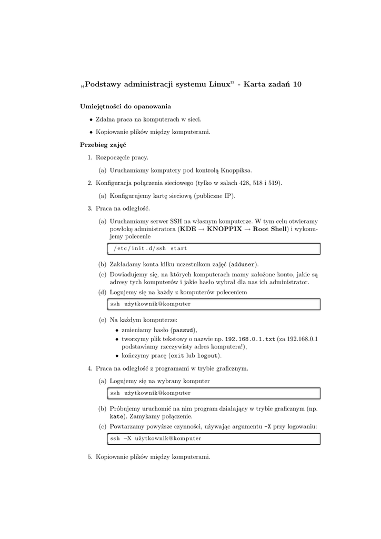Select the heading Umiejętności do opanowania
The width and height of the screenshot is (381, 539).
point(125,106)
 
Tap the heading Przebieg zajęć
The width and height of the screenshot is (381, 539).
point(103,144)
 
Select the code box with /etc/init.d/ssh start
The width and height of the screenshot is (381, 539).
point(213,248)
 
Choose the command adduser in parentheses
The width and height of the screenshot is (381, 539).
point(244,264)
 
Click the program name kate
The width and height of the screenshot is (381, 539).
point(115,416)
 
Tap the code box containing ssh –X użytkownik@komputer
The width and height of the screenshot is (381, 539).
point(213,438)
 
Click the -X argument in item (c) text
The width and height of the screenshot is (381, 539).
point(267,426)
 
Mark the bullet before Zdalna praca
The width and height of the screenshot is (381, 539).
point(91,119)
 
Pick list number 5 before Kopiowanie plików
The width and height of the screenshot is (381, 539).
point(89,457)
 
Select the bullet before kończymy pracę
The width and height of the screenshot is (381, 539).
point(116,356)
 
